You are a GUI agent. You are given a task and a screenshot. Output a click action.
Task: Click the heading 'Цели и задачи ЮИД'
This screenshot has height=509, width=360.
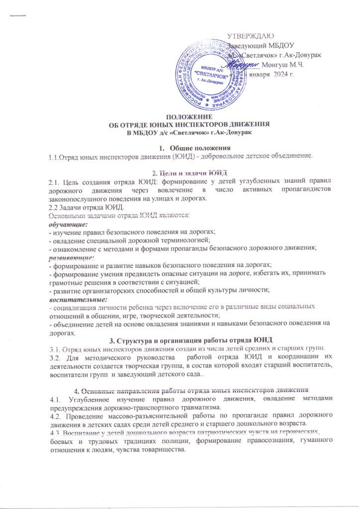181,172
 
